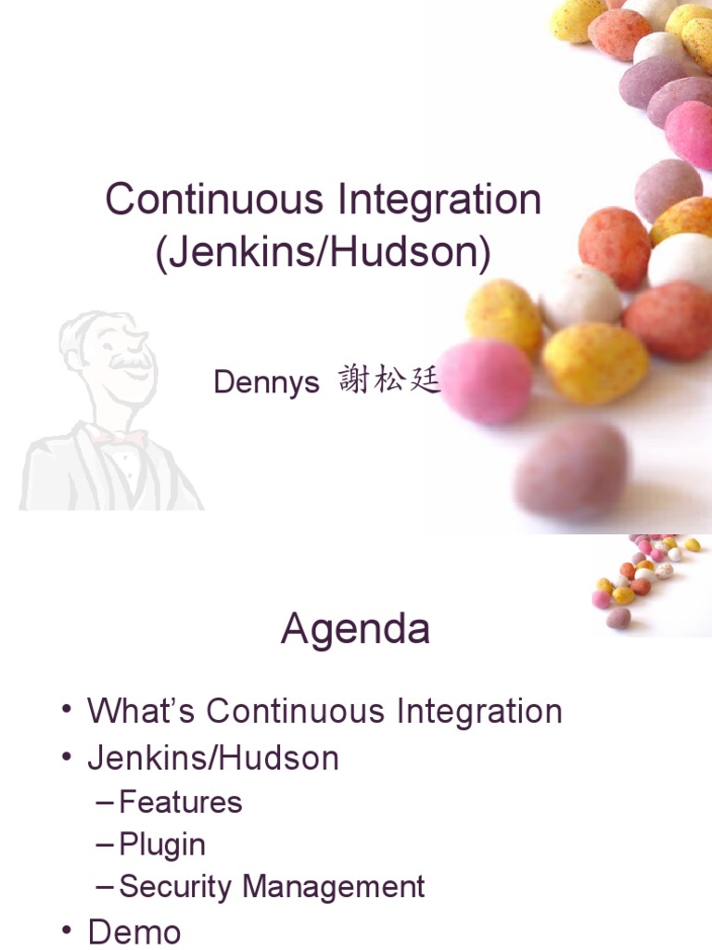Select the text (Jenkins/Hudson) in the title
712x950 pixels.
[323, 252]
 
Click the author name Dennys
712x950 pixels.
[266, 381]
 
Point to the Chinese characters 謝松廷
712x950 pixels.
[388, 379]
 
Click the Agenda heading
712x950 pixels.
[355, 630]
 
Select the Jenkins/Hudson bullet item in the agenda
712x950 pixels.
[213, 758]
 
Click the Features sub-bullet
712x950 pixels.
[181, 802]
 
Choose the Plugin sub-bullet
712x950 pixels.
[162, 844]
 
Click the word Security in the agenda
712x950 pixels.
[176, 887]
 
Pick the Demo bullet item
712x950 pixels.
[133, 931]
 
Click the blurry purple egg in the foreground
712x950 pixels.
[569, 469]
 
